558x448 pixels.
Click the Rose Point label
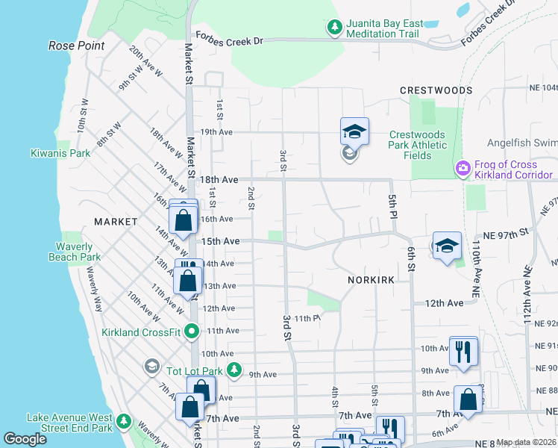(77, 46)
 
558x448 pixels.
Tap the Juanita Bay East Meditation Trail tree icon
(335, 28)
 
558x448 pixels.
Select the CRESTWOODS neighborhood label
(436, 90)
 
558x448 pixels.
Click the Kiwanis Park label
(60, 154)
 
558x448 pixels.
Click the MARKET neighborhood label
(116, 222)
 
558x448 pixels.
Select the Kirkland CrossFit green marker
(192, 331)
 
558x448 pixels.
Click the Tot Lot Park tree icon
(234, 370)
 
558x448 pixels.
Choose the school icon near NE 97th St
(445, 246)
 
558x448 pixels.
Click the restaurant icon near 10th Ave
(463, 350)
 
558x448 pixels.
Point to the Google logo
(25, 439)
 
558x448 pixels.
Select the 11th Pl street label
(306, 318)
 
